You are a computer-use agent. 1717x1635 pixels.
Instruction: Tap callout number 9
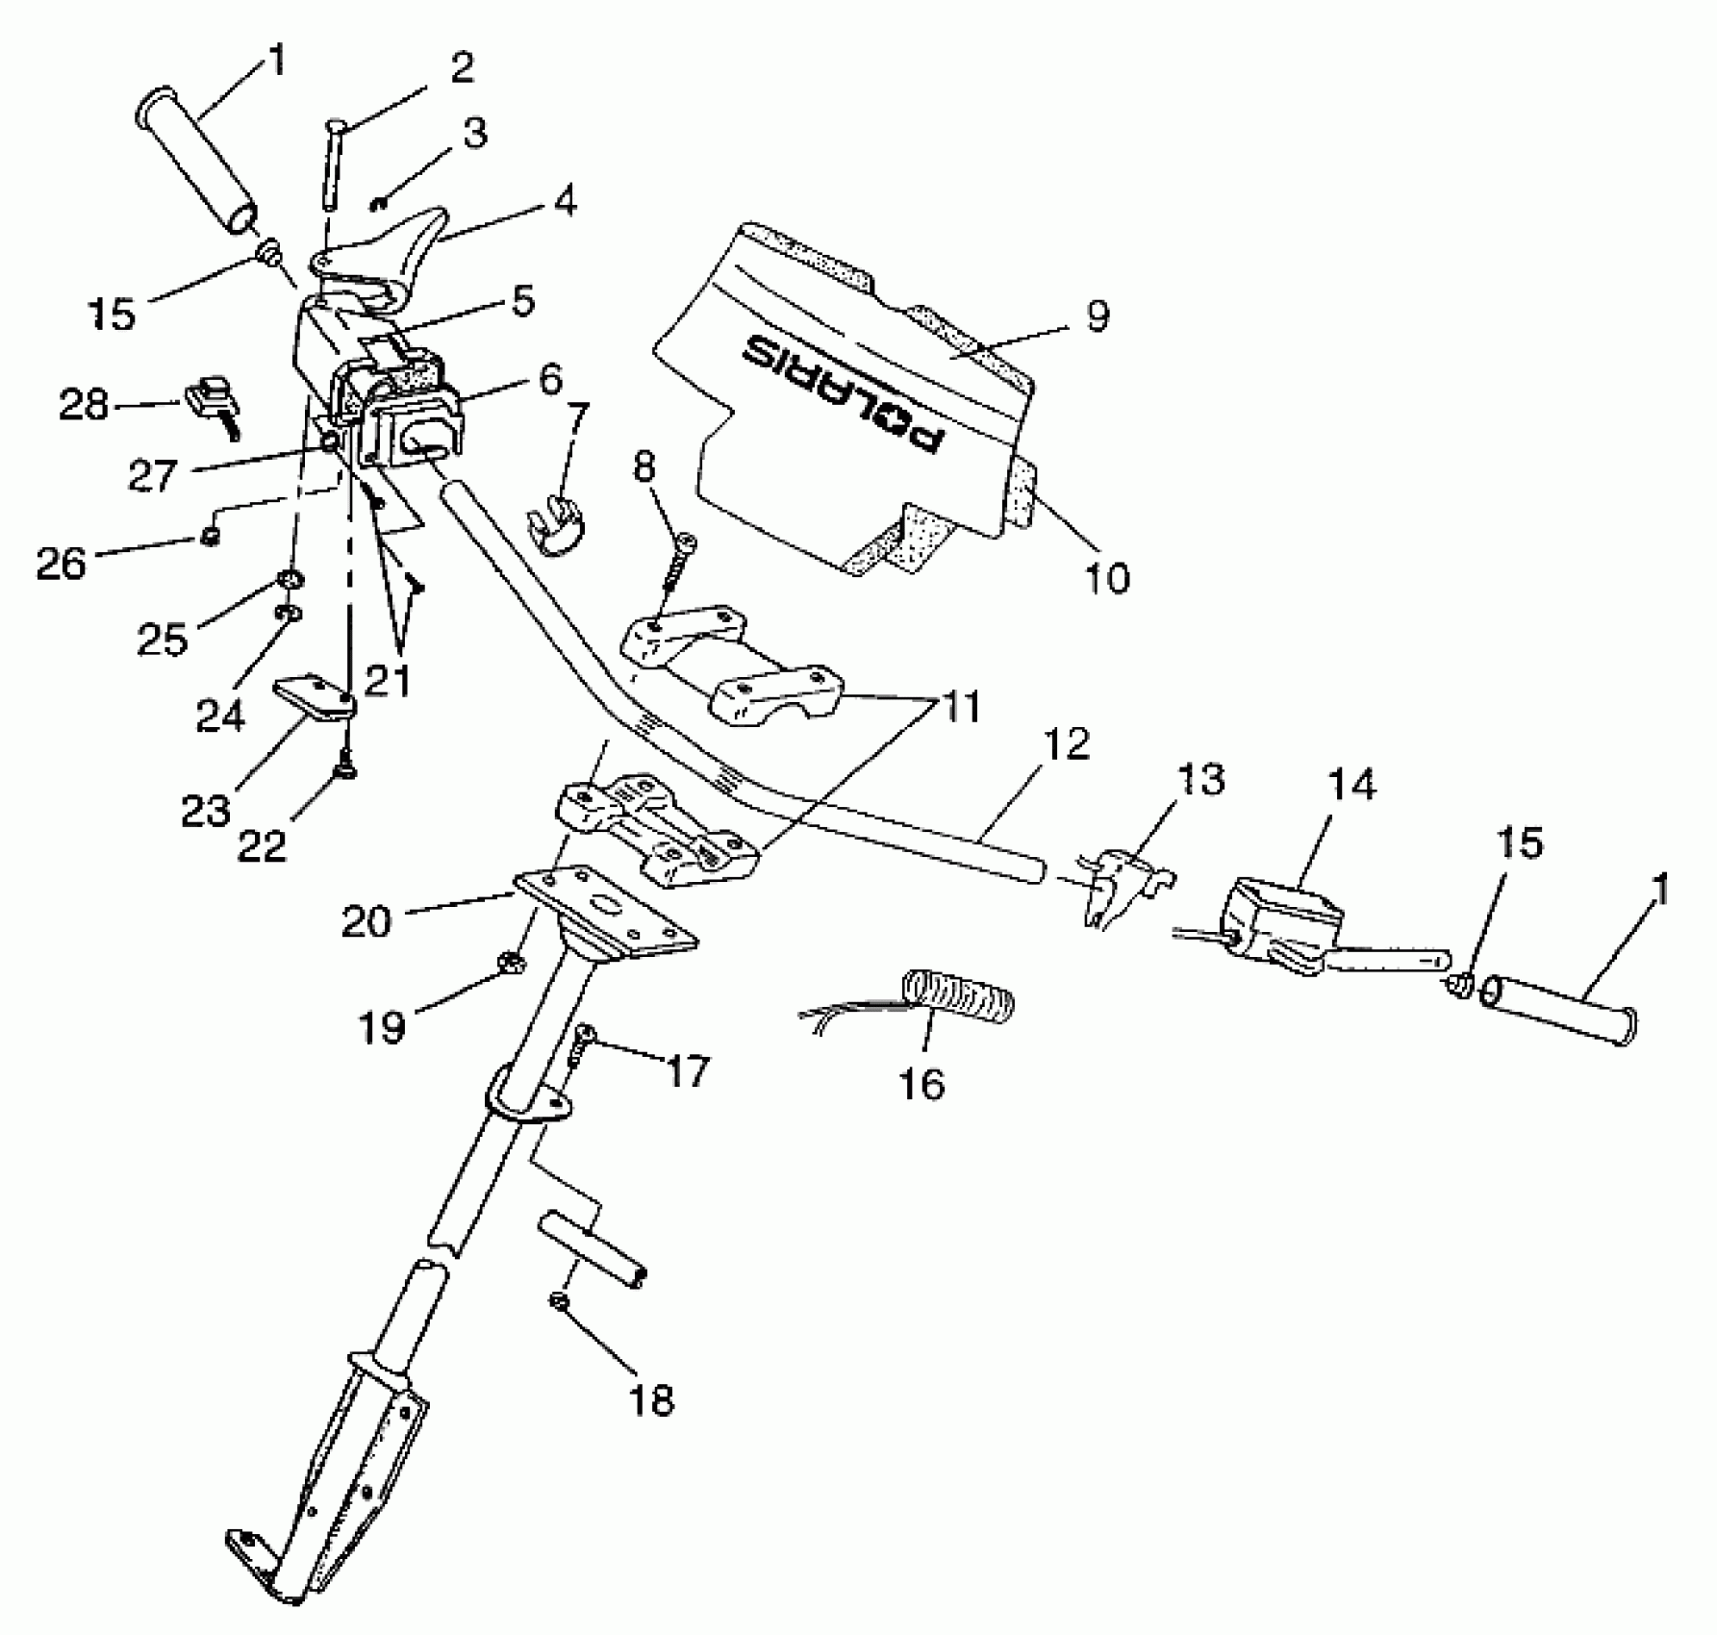point(1098,315)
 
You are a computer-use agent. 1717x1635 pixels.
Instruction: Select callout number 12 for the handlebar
point(1066,743)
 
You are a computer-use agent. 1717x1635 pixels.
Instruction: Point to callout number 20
point(366,920)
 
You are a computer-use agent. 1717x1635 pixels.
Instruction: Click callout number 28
point(84,405)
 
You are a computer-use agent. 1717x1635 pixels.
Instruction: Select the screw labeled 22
point(343,769)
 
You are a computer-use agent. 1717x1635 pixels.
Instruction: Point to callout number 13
point(1199,779)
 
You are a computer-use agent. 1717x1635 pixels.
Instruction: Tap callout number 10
point(1106,577)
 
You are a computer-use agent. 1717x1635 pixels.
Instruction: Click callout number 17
point(687,1069)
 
